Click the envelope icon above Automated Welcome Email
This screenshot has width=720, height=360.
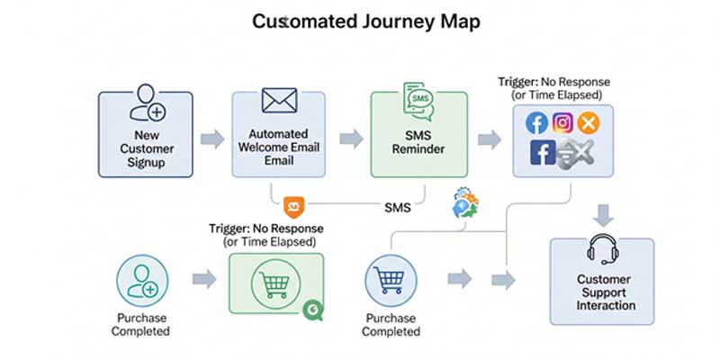tap(278, 100)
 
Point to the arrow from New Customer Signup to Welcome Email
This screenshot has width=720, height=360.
tap(212, 139)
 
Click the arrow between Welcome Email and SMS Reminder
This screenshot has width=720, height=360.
tap(351, 139)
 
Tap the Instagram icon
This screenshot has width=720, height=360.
tap(563, 123)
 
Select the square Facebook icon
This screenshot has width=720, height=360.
tap(543, 154)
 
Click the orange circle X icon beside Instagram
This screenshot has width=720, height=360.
tap(589, 123)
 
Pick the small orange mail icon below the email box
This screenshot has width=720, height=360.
tap(292, 207)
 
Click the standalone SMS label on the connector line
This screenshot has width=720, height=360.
tap(397, 208)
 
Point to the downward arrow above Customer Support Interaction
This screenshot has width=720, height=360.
tap(604, 215)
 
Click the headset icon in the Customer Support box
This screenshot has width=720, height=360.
tap(600, 251)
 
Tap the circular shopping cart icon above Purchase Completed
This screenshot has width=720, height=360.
tap(390, 282)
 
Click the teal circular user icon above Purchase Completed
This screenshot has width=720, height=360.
tap(142, 280)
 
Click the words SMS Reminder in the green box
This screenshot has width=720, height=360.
tap(418, 141)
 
